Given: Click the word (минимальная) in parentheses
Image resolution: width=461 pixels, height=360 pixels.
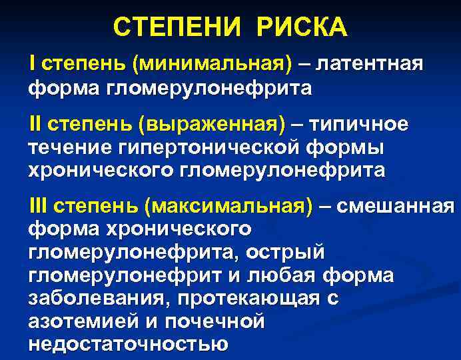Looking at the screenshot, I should click(213, 65).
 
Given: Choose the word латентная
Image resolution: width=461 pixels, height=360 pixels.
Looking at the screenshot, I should click(370, 65).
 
